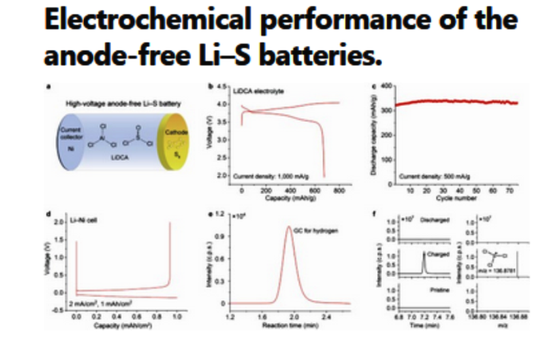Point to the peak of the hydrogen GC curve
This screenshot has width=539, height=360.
(290, 227)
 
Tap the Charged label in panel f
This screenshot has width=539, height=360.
(433, 253)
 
